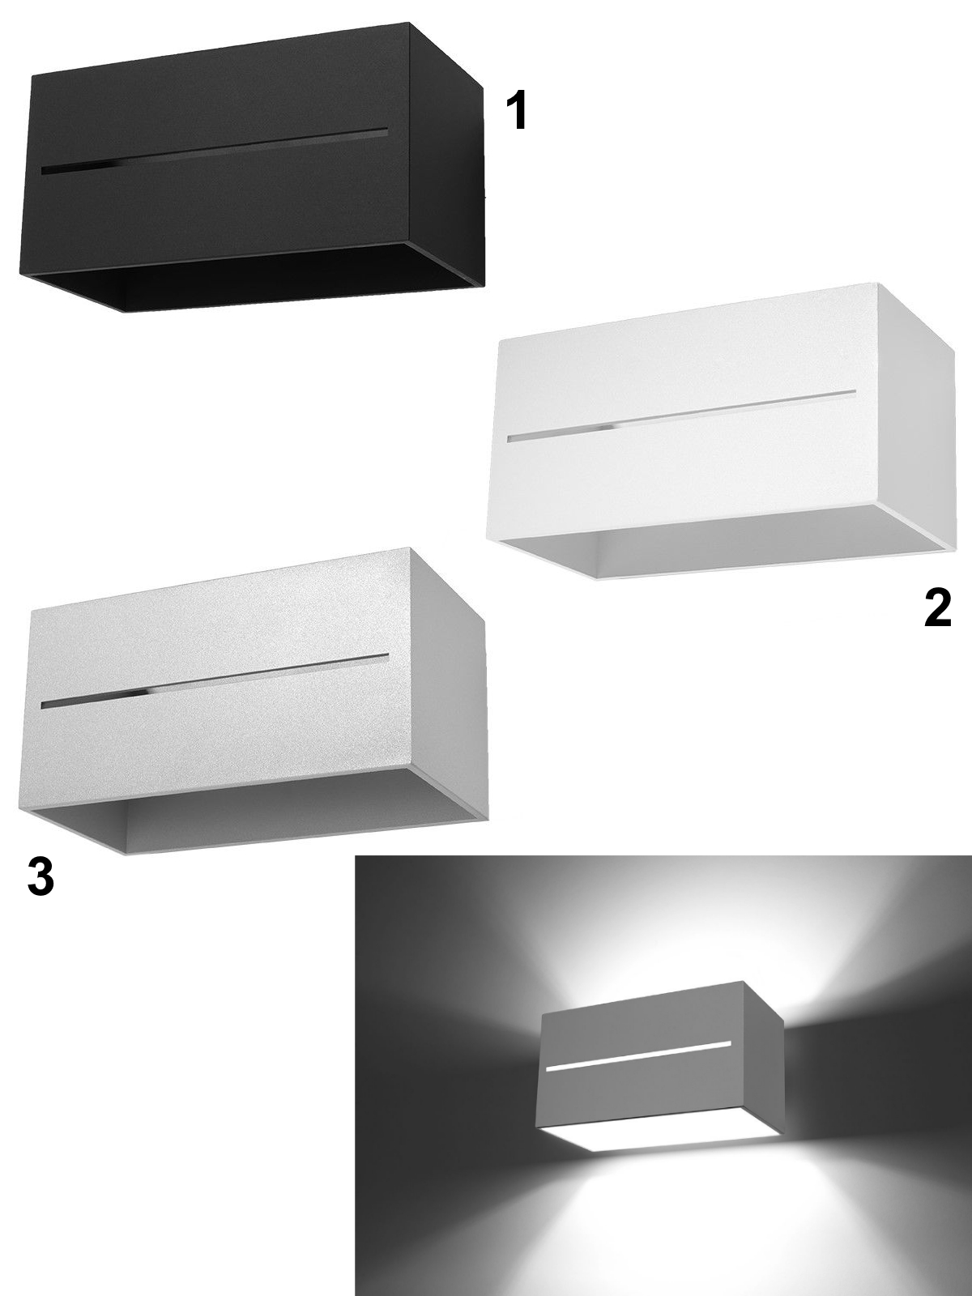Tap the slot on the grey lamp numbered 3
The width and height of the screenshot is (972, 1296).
coord(215,680)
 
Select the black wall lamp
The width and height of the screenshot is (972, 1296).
coord(254,168)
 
